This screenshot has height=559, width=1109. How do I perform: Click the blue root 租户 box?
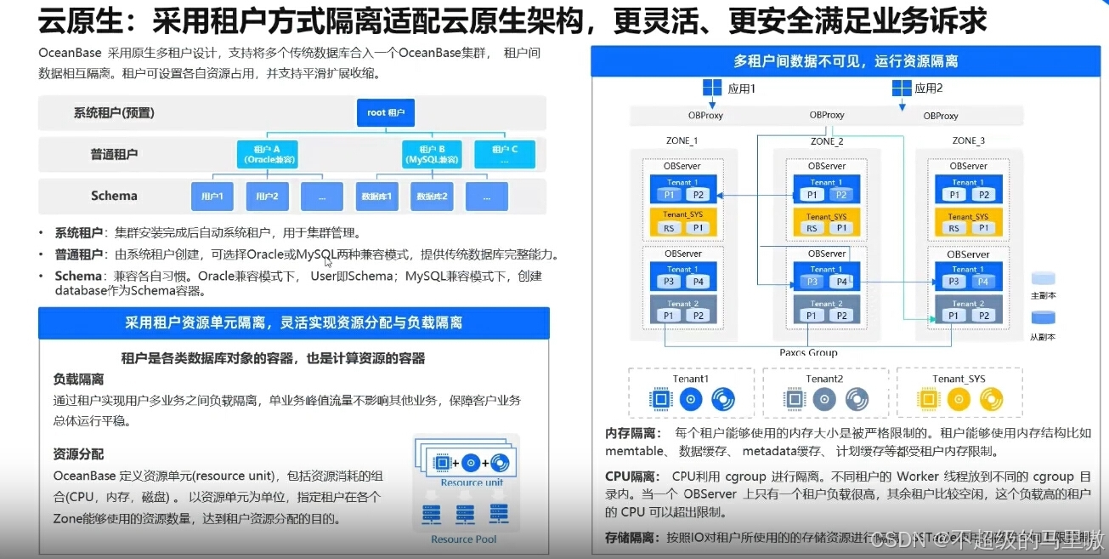click(386, 112)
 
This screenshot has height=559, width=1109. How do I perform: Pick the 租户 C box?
click(505, 153)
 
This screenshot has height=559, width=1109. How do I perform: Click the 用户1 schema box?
click(212, 197)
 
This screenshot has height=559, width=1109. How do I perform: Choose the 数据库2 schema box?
click(432, 197)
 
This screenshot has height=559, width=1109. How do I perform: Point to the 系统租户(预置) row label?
click(114, 112)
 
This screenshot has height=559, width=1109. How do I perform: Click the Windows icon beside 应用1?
click(712, 88)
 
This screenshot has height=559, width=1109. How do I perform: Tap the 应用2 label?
click(928, 88)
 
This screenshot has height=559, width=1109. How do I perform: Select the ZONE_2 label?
click(827, 140)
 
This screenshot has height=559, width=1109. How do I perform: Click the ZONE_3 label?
click(968, 140)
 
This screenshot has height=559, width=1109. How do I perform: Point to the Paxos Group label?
click(808, 352)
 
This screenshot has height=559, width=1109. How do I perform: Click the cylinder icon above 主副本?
click(1043, 280)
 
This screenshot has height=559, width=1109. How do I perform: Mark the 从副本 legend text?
click(1043, 337)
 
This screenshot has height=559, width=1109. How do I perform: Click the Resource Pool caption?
click(463, 539)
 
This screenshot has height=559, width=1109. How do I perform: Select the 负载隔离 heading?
click(78, 379)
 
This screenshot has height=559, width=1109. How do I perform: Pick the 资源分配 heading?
click(78, 454)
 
